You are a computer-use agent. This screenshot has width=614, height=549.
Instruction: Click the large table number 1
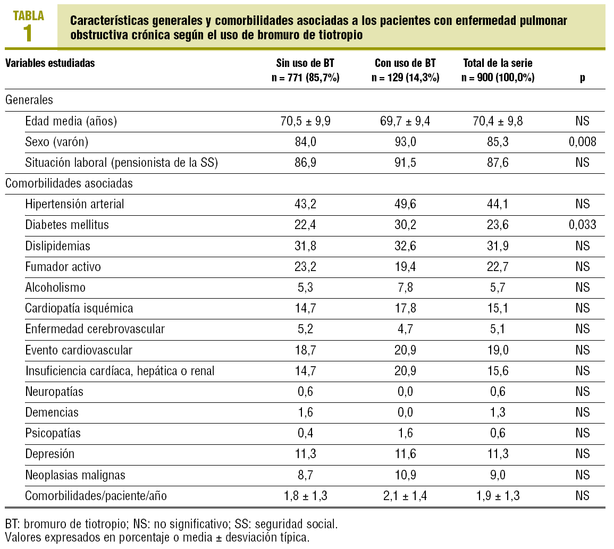point(28,33)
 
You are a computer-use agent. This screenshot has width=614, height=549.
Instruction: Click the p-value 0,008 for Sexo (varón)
point(583,142)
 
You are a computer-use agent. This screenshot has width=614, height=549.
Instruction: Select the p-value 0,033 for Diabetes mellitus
point(583,225)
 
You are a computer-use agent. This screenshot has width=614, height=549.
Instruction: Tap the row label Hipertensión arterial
point(74,204)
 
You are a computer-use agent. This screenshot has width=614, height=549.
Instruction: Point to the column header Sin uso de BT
point(305,63)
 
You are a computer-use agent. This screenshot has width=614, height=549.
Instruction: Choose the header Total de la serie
point(498,63)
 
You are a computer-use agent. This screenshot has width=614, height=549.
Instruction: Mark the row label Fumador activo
point(63,267)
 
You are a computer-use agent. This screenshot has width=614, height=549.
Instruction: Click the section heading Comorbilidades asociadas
point(69,183)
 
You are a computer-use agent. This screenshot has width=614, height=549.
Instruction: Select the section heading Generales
point(29,99)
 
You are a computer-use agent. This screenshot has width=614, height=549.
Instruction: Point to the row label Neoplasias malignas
point(75,475)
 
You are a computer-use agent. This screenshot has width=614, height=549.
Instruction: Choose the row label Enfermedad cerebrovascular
point(95,329)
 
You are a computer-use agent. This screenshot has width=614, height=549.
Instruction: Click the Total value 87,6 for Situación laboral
point(498,163)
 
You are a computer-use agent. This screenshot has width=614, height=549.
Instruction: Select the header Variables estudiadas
point(50,63)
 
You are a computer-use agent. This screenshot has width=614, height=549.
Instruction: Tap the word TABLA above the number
point(29,15)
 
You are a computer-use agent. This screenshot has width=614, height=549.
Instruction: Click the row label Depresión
point(50,454)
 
